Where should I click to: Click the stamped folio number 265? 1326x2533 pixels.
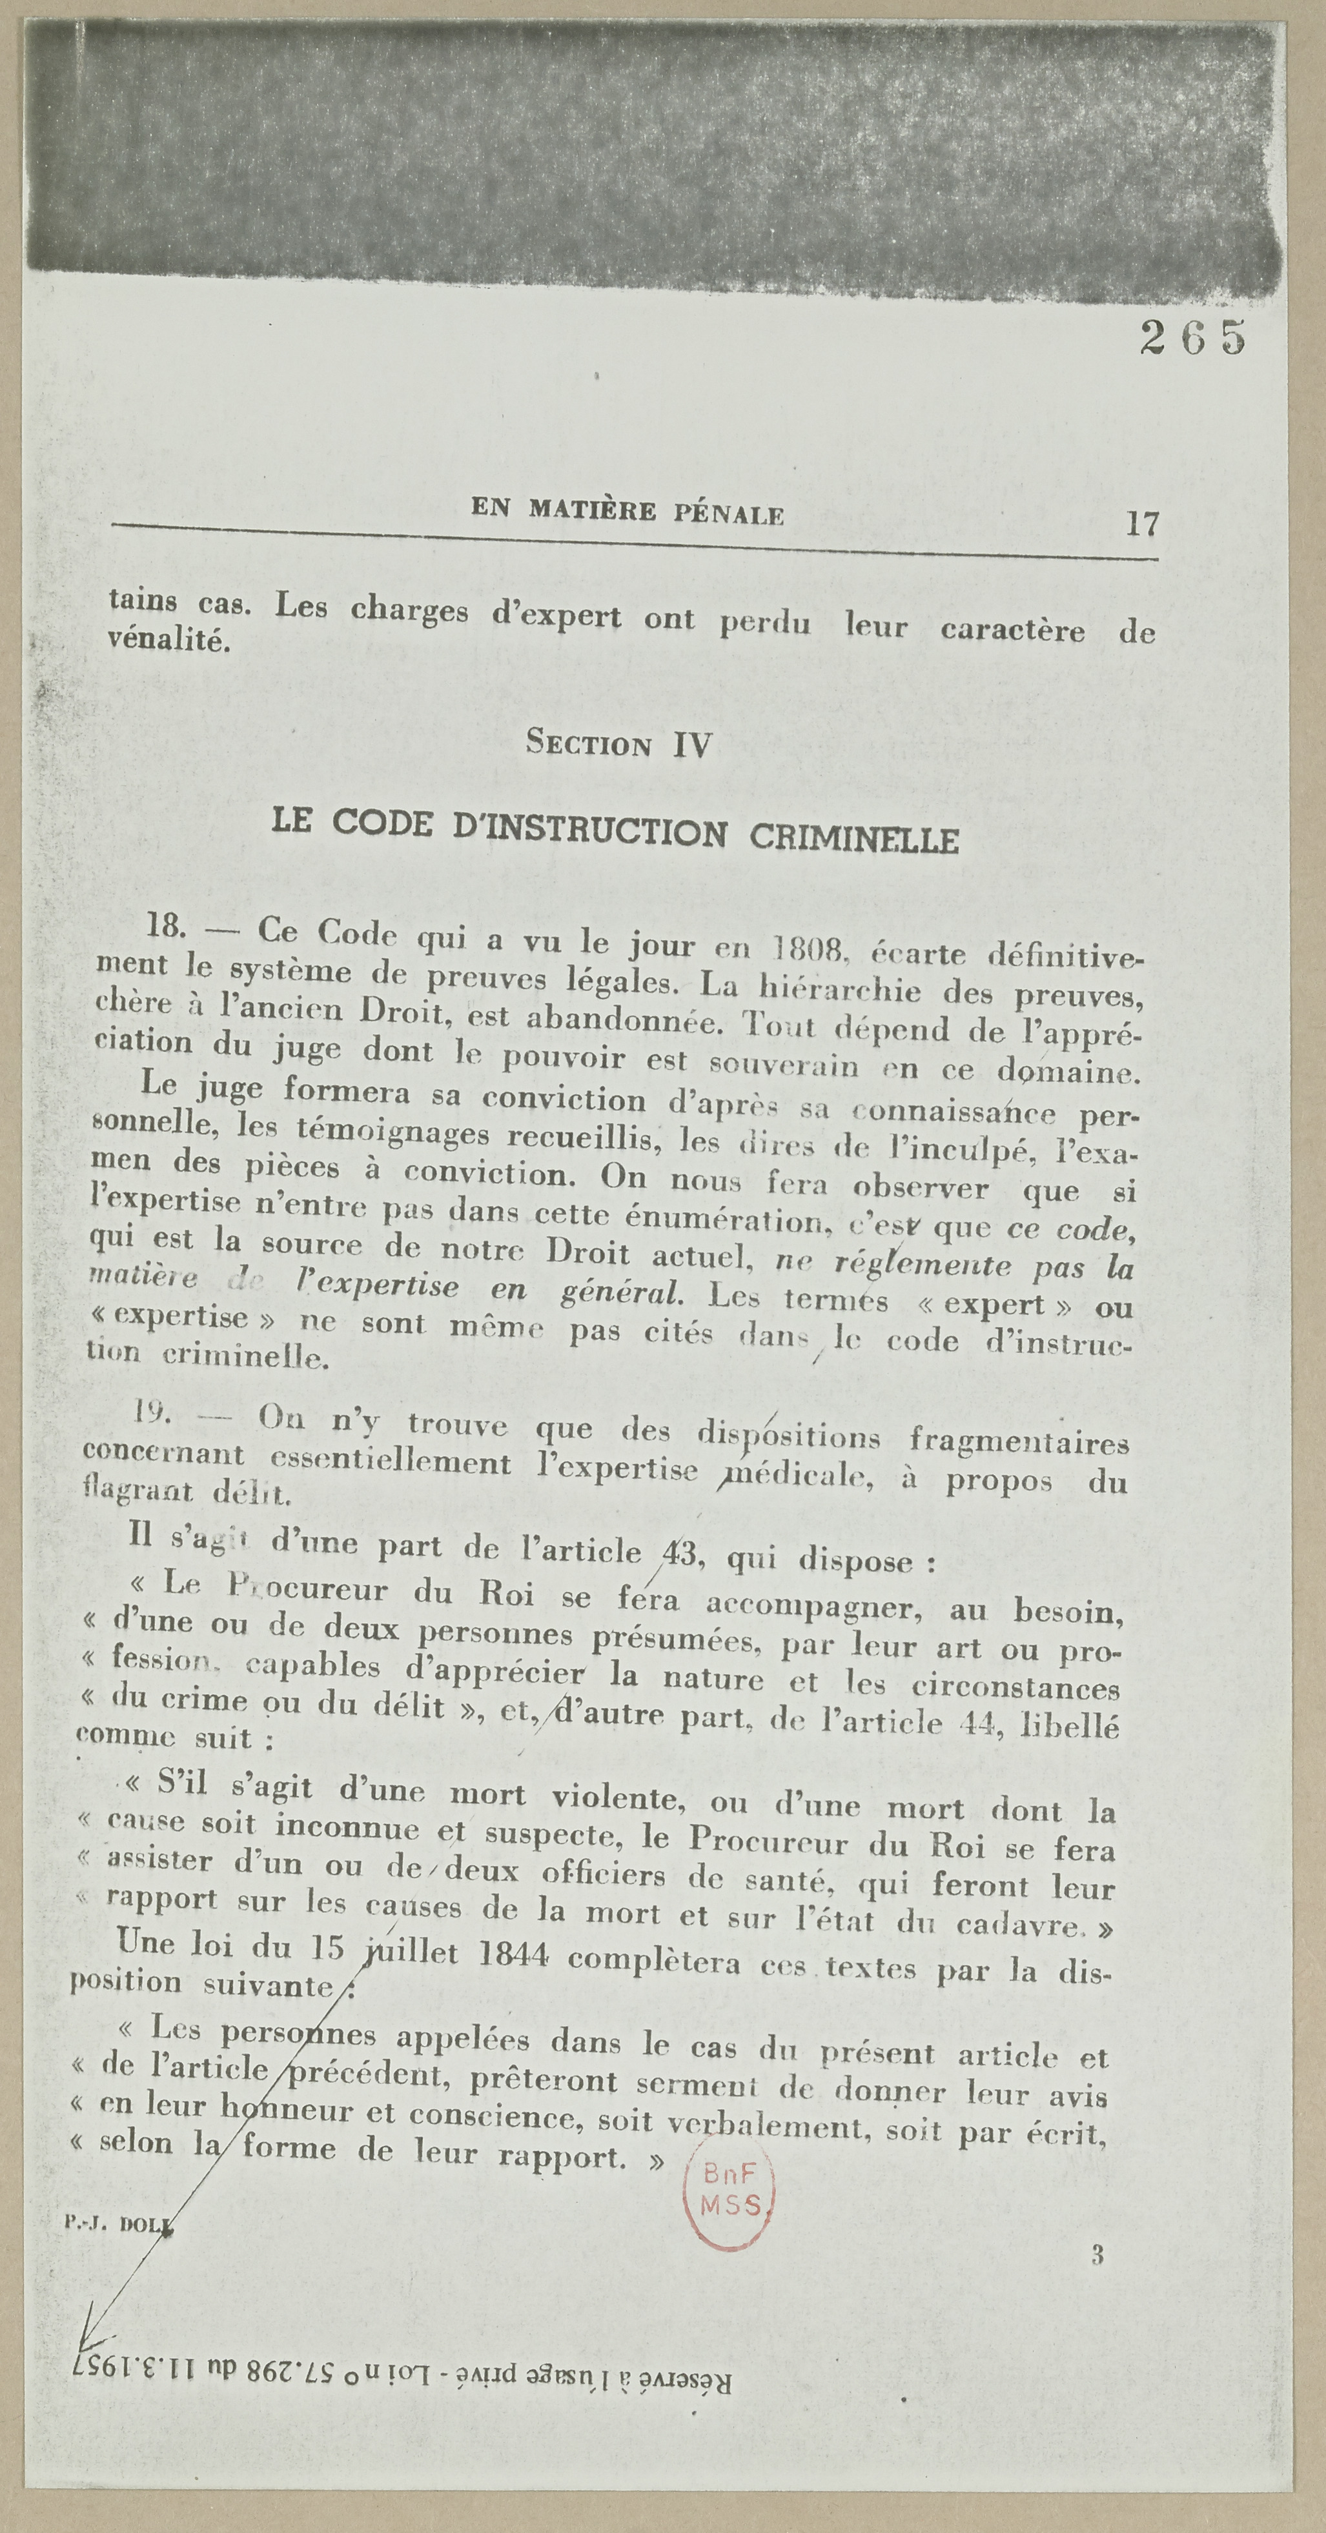point(1193,338)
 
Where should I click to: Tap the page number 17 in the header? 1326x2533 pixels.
point(1142,523)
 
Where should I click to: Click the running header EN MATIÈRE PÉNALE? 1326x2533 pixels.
point(627,512)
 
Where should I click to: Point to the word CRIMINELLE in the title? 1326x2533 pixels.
point(854,838)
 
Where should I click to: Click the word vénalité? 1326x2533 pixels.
point(168,640)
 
